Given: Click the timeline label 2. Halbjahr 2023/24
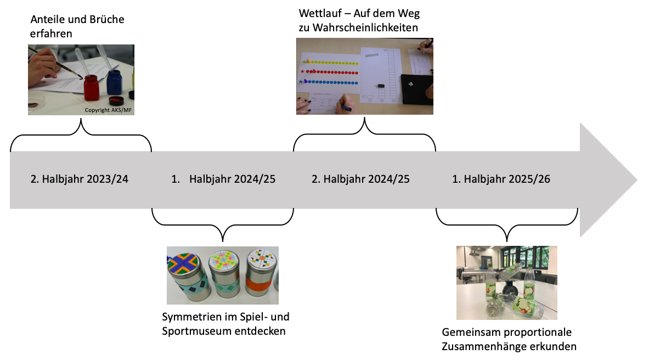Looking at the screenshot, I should click(79, 179).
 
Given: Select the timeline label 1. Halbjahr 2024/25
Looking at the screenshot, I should click(222, 179).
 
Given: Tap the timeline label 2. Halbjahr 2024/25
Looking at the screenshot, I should click(361, 179).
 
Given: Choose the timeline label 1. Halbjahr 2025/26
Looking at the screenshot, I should click(501, 179).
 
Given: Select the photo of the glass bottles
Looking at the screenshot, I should click(506, 283).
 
